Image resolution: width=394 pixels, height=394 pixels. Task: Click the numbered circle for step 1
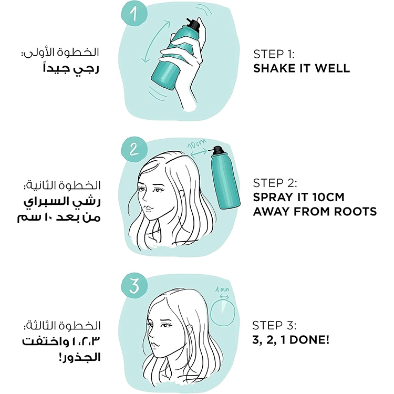[x=134, y=13]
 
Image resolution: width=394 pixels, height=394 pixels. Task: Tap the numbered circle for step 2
[x=134, y=150]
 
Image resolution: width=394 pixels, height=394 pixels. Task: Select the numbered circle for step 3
[x=134, y=285]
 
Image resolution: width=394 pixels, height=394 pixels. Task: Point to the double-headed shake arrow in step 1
[x=155, y=42]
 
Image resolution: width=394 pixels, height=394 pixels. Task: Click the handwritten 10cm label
[x=197, y=144]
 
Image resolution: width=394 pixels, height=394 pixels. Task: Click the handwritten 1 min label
[x=223, y=289]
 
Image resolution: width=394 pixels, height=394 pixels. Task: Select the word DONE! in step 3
[x=309, y=340]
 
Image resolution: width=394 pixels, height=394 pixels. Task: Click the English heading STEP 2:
[x=275, y=183]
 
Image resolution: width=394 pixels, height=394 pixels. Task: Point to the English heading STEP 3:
[x=274, y=325]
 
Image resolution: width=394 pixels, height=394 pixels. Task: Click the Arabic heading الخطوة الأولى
[x=60, y=52]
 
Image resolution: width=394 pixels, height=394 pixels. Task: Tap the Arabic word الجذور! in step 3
[x=80, y=357]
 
